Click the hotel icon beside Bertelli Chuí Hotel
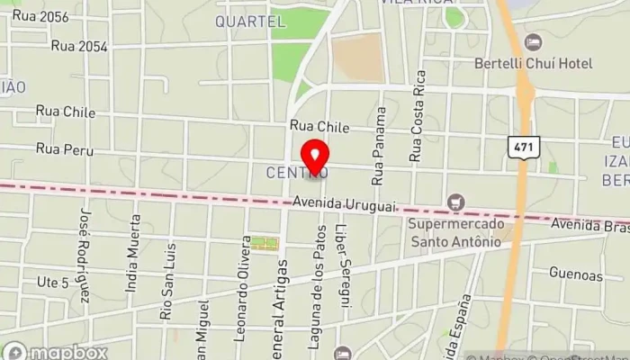(533, 41)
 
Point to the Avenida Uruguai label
(344, 206)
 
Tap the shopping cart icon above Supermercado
(454, 201)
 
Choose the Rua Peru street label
(64, 147)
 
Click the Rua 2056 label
(40, 16)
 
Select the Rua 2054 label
(80, 45)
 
